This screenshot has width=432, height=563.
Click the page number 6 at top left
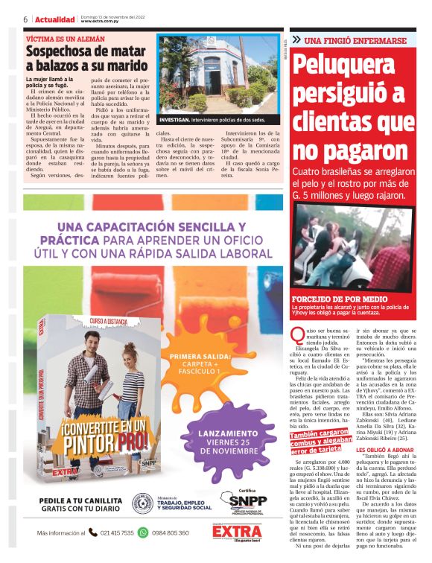[x=25, y=19]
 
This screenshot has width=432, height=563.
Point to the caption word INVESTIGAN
[x=174, y=119]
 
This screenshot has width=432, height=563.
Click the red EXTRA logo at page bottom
[x=237, y=533]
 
